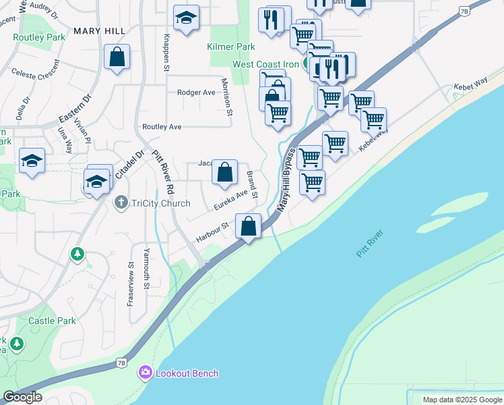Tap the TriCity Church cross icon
[121, 202]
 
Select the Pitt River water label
[369, 243]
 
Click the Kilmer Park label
[231, 47]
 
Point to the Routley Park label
[38, 37]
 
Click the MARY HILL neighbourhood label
[99, 31]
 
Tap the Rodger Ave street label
[196, 92]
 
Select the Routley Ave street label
[162, 126]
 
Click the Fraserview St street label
[130, 284]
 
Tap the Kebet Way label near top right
[471, 82]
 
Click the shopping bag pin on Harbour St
[249, 226]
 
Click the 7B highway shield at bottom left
[121, 363]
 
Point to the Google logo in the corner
[22, 397]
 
